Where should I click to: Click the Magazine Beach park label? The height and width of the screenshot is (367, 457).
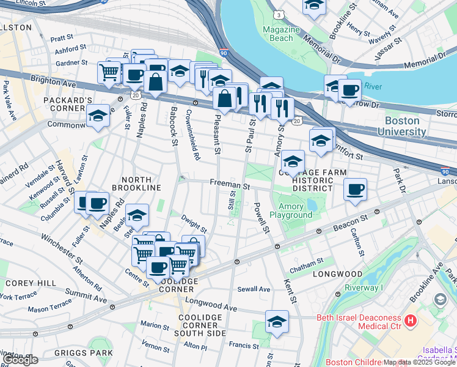280,34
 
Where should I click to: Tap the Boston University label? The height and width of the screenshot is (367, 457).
401,127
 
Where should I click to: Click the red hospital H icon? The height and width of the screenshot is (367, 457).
410,320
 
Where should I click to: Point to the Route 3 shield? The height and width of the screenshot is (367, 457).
279,13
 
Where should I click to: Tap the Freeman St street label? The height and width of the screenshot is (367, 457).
230,183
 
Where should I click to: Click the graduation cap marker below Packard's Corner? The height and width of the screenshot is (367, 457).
98,116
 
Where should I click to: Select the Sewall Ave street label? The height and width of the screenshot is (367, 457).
254,289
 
